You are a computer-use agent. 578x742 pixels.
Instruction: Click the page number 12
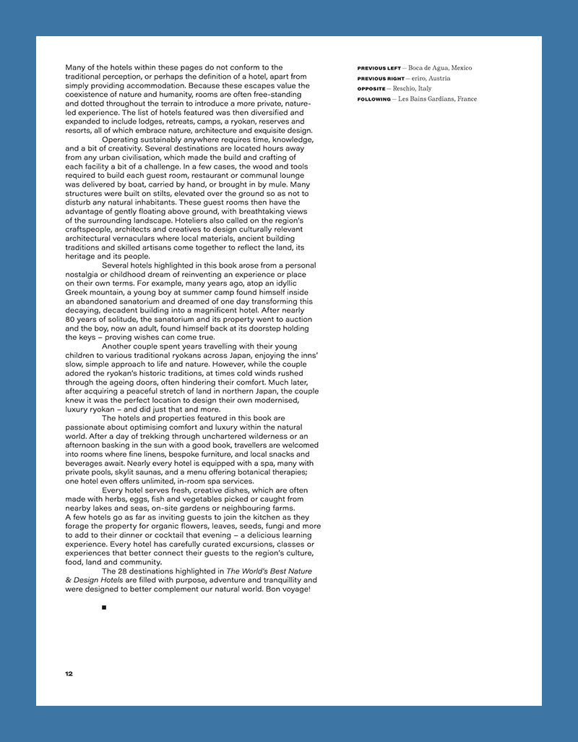69,674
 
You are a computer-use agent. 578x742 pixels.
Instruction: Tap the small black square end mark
104,607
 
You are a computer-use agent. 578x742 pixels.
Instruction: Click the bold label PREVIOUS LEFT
379,68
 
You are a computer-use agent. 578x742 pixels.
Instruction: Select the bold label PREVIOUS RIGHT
381,78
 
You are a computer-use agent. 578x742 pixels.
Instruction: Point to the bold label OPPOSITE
371,88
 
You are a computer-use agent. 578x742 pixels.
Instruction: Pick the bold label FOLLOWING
374,99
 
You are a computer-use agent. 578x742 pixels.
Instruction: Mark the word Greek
78,292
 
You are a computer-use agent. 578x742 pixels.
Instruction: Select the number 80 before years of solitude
70,319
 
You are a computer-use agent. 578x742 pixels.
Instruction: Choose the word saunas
150,472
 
